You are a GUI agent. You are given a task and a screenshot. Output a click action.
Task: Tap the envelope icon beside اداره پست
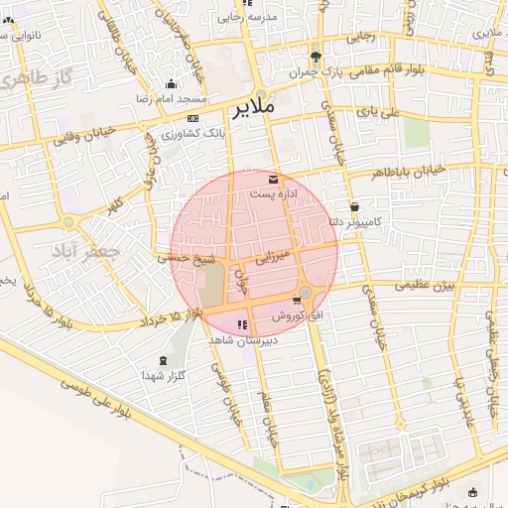(x=273, y=180)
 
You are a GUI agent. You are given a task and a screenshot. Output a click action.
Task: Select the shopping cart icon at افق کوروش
(x=296, y=301)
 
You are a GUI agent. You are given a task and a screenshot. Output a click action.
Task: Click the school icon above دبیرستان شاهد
(x=241, y=325)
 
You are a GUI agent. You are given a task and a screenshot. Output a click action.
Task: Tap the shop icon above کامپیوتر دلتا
(x=353, y=207)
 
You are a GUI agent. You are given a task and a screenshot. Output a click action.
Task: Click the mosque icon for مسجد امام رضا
(x=172, y=84)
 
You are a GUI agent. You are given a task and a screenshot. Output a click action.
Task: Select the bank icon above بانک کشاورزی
(x=192, y=118)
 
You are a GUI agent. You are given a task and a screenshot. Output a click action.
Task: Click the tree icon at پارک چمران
(x=317, y=57)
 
